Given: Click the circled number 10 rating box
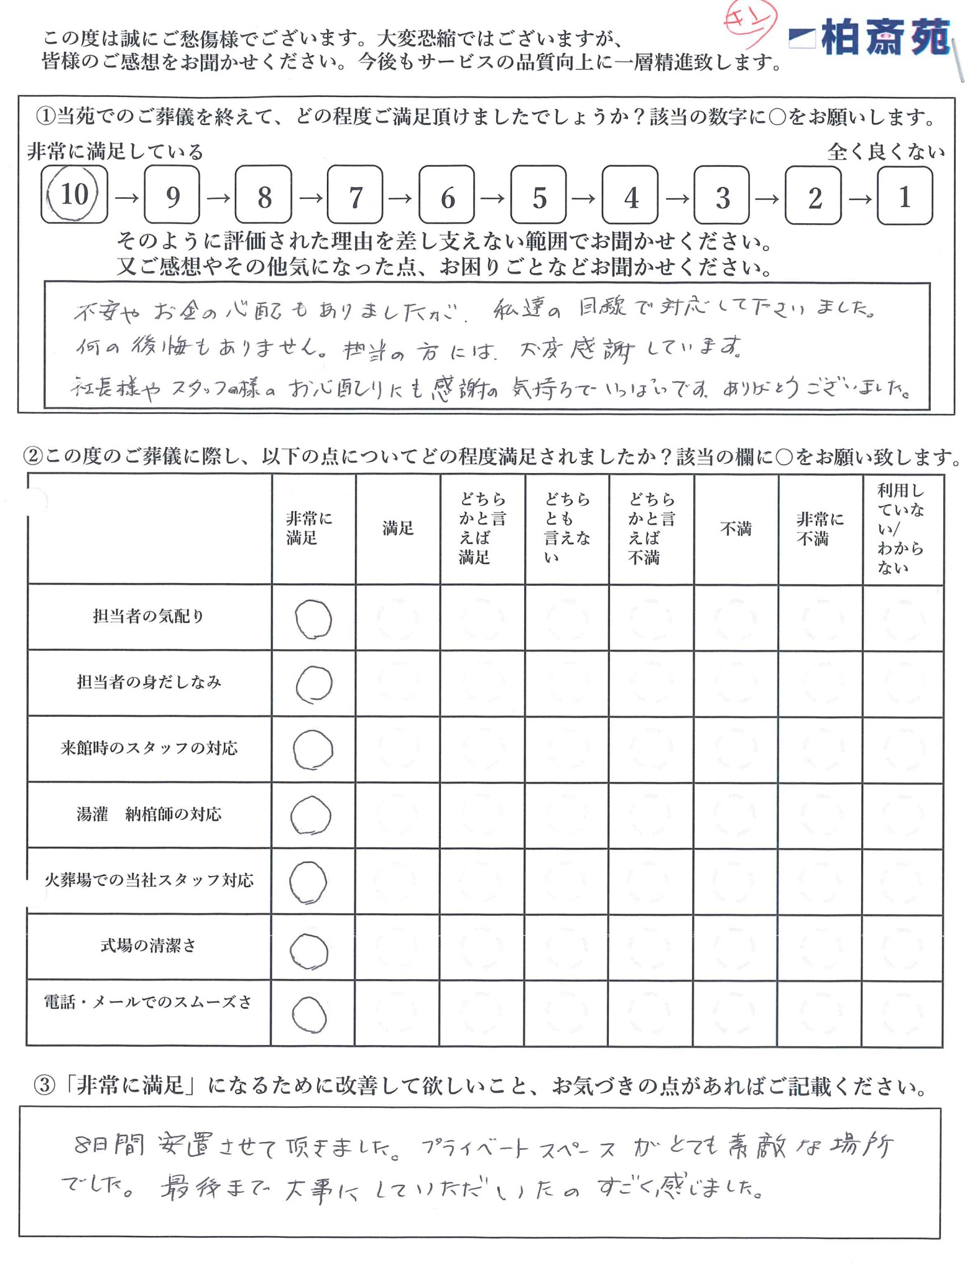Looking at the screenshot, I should [x=74, y=195].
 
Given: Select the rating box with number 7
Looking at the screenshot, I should [x=355, y=196].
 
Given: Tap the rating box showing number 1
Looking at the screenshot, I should [x=905, y=196].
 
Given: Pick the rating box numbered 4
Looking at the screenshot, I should [x=630, y=196].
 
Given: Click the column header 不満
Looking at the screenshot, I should [x=736, y=529].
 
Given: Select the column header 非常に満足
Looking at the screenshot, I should [x=310, y=528].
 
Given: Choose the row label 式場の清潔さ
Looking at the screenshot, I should [x=149, y=946].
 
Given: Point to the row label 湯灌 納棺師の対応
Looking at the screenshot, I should [x=149, y=814].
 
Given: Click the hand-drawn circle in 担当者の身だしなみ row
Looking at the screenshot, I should [x=314, y=684].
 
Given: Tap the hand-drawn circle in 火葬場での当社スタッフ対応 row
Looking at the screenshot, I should [x=308, y=882].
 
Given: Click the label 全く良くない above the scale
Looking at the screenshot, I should [x=885, y=152].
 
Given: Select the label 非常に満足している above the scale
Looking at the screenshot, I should [x=116, y=152].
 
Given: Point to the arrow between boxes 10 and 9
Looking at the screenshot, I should [x=126, y=198].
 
